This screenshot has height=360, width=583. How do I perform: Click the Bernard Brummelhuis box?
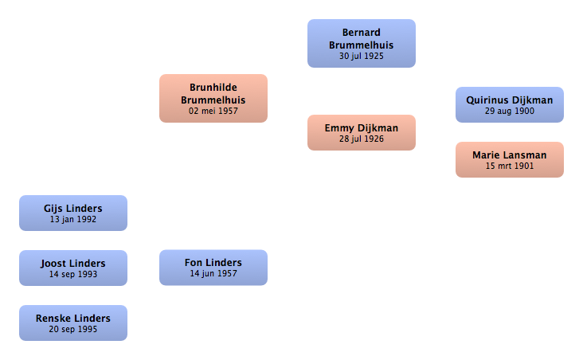click(x=362, y=44)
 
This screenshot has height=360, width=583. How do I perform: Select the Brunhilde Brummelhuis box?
click(x=213, y=98)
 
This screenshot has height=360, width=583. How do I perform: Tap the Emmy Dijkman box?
click(x=362, y=133)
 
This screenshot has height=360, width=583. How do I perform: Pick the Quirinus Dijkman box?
click(x=510, y=104)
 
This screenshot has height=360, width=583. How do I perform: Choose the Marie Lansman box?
click(x=510, y=159)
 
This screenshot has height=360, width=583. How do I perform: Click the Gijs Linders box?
click(x=73, y=213)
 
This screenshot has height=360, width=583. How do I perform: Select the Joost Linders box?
click(x=73, y=268)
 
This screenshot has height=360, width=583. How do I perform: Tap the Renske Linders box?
click(x=73, y=323)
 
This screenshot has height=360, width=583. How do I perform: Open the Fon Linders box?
click(x=213, y=268)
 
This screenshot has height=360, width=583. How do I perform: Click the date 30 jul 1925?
click(x=362, y=57)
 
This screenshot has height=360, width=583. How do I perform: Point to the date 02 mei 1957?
click(x=213, y=111)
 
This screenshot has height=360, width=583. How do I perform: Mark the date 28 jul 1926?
click(x=362, y=139)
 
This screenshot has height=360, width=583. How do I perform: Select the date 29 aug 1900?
click(x=510, y=112)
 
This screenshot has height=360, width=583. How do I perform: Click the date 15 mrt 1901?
click(x=510, y=166)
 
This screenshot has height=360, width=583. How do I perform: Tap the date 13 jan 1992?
click(x=73, y=219)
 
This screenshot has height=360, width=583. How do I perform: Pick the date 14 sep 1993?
click(x=73, y=275)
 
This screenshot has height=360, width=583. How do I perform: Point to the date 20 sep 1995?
click(x=73, y=330)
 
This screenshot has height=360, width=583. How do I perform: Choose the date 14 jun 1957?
click(x=213, y=274)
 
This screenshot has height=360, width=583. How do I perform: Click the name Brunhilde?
click(x=213, y=88)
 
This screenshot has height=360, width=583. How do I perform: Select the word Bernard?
click(x=362, y=33)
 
